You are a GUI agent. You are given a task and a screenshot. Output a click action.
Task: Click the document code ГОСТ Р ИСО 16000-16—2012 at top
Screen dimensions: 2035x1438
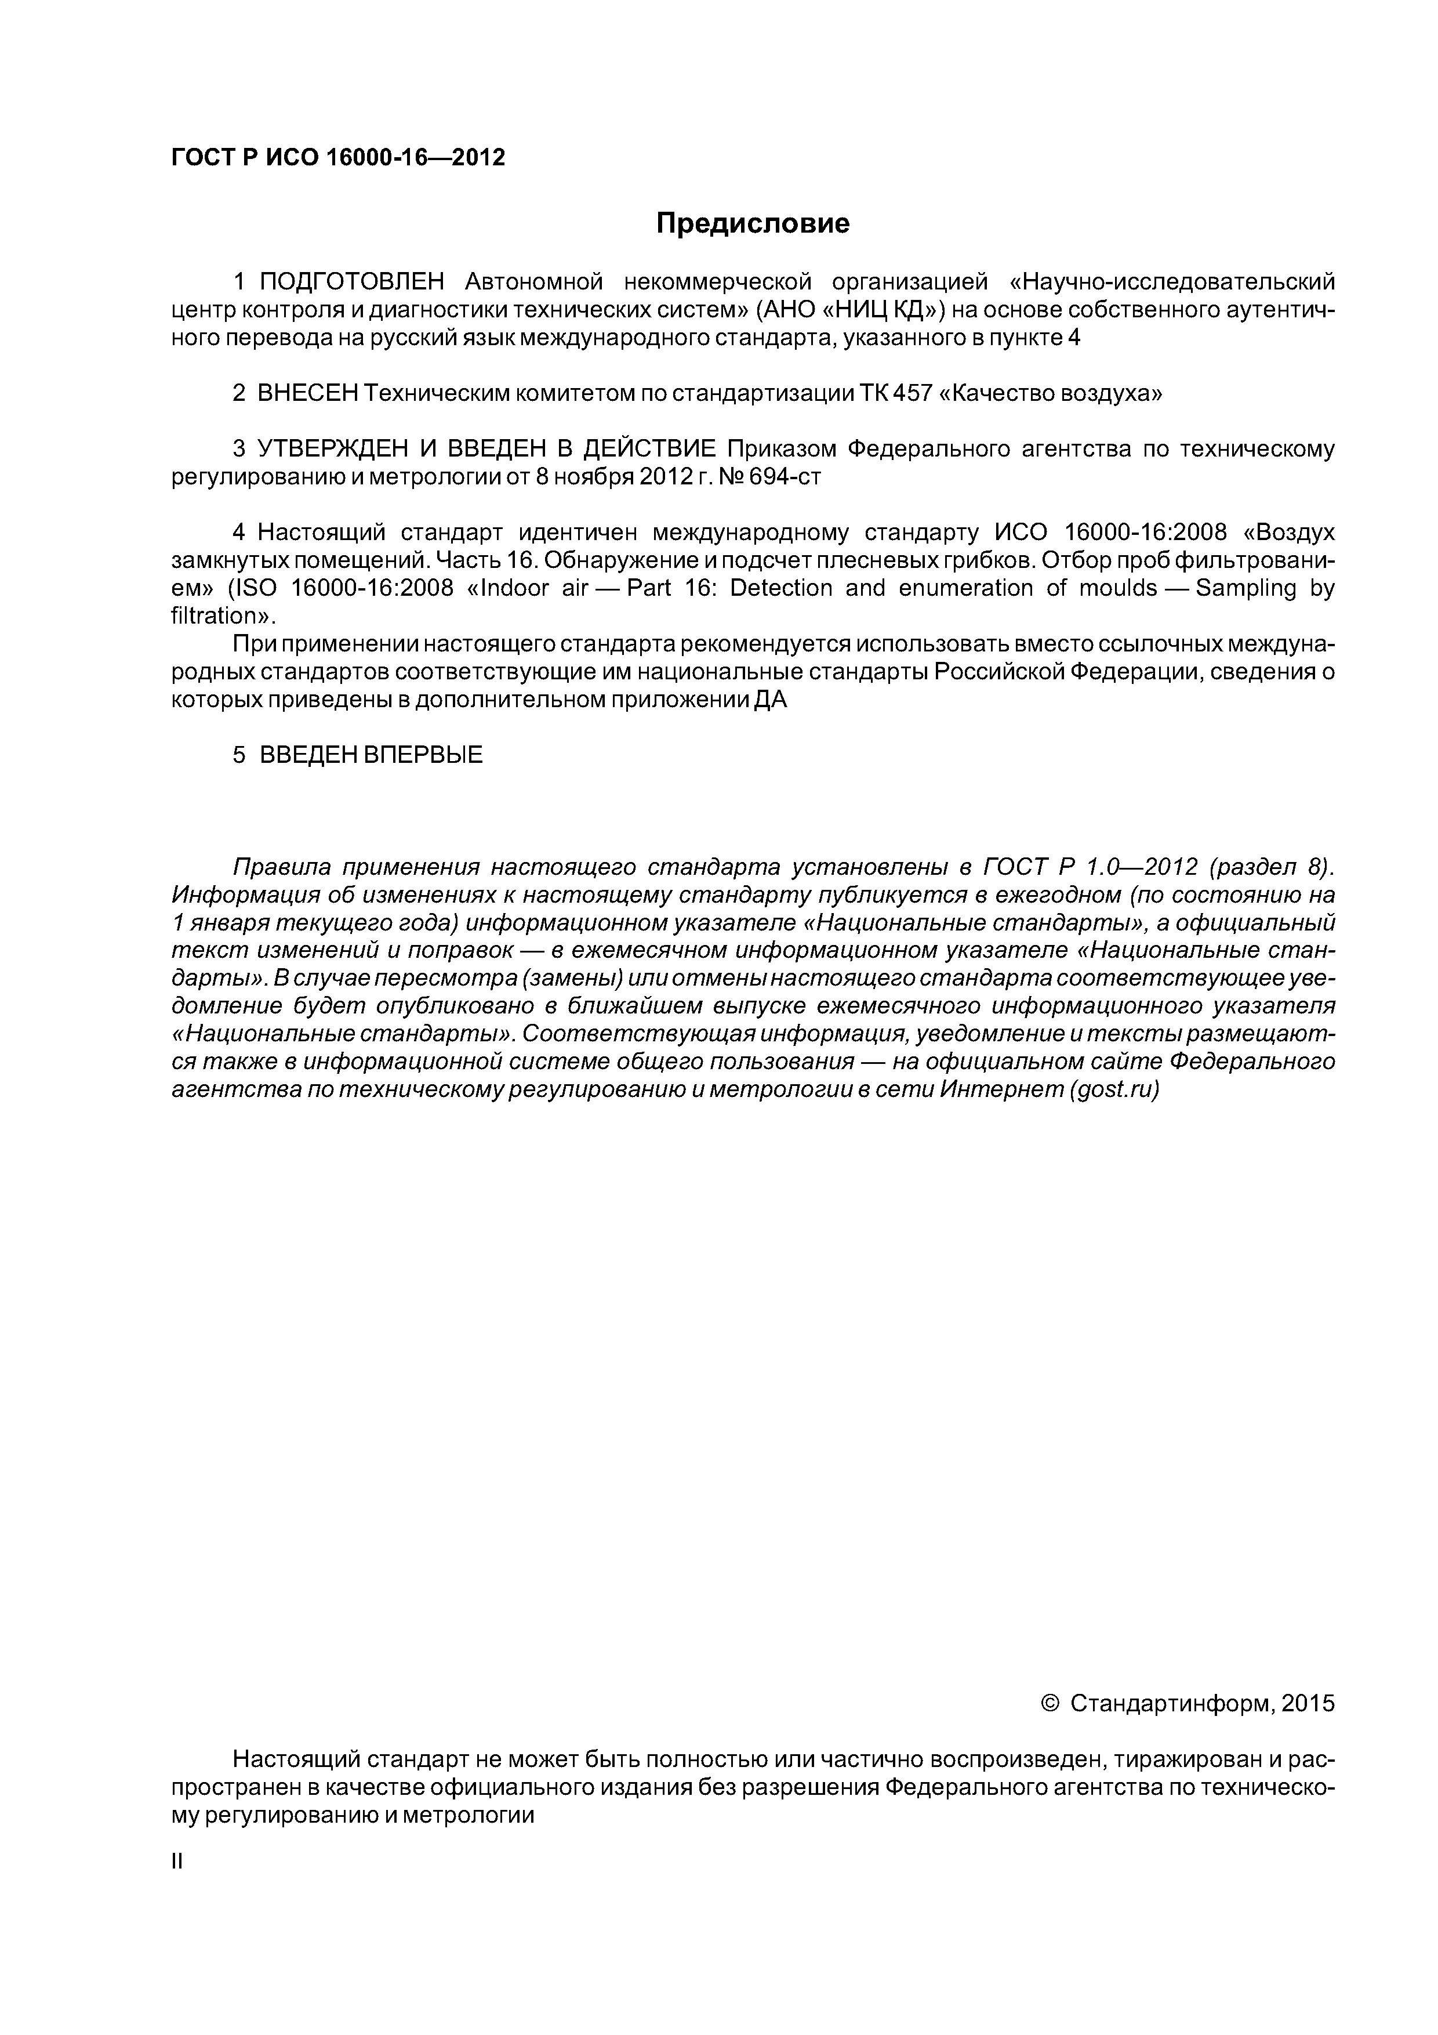point(337,158)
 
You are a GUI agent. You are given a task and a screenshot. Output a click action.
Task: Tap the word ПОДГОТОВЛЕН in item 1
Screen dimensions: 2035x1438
point(352,283)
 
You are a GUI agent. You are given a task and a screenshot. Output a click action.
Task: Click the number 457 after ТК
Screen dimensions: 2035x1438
point(913,393)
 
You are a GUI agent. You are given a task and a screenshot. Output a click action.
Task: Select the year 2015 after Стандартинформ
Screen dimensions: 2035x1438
point(1307,1704)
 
